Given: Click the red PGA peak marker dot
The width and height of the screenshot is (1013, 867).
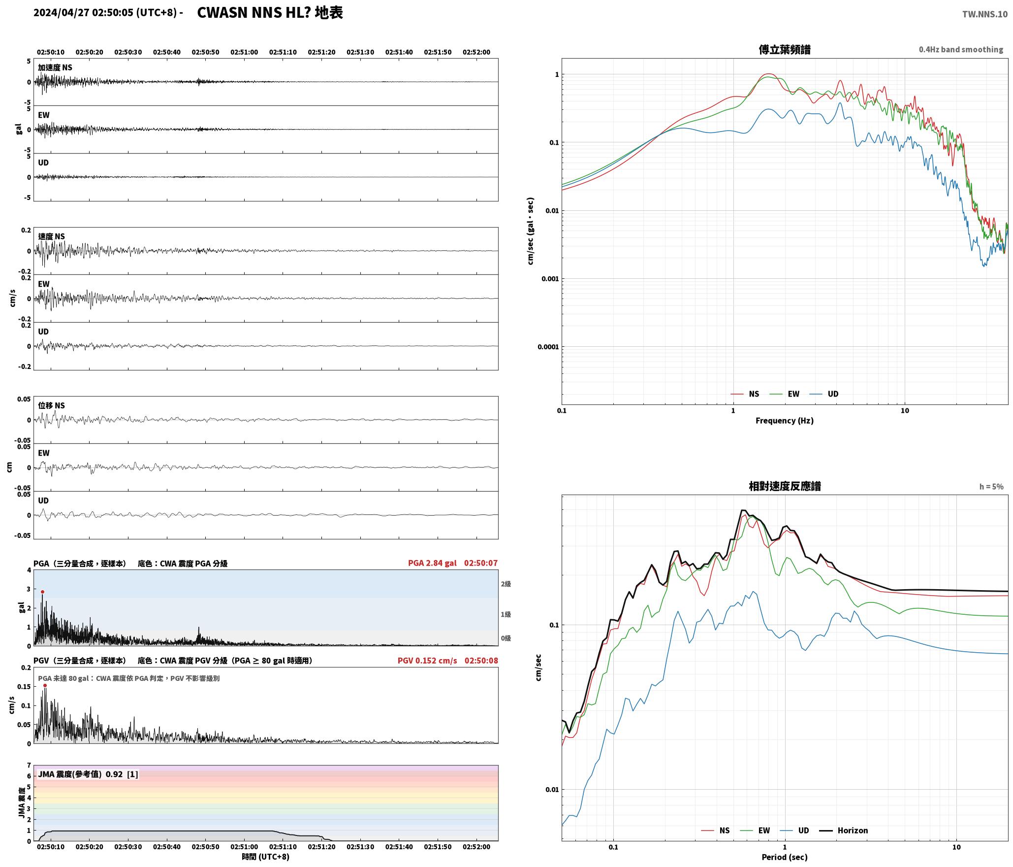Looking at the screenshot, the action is (42, 592).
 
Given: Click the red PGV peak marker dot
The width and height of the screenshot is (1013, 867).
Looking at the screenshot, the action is (45, 685).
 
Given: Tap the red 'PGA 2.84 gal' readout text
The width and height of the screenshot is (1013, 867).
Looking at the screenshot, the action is (432, 563).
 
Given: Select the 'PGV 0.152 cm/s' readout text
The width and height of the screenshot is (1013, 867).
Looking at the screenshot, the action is (427, 661).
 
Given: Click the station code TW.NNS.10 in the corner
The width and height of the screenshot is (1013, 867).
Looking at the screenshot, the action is (985, 14).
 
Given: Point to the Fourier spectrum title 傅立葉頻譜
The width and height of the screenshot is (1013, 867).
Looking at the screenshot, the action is (785, 50).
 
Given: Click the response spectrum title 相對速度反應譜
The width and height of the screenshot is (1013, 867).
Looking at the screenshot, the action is (785, 486).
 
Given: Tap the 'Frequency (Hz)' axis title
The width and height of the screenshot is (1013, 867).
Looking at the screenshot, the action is (785, 421).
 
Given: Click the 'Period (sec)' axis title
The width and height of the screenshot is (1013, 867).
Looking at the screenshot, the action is (785, 857).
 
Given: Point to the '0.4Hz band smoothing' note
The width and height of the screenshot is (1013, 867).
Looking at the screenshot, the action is (961, 50).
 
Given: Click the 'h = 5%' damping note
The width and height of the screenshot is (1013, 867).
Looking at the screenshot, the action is (991, 487).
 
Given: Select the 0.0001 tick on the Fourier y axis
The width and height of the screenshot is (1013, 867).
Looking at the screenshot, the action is (548, 347).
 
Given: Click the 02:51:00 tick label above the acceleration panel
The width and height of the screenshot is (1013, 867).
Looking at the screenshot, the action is (244, 52).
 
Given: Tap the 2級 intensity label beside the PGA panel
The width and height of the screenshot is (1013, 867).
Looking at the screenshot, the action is (506, 584).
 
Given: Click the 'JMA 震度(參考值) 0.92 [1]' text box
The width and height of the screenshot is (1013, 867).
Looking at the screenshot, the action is (88, 774).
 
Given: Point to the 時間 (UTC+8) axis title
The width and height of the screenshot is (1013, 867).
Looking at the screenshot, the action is (266, 857).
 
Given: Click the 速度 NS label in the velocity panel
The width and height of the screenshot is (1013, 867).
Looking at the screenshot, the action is (52, 236).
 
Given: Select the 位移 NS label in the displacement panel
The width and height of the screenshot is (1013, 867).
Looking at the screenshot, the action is (52, 405).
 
